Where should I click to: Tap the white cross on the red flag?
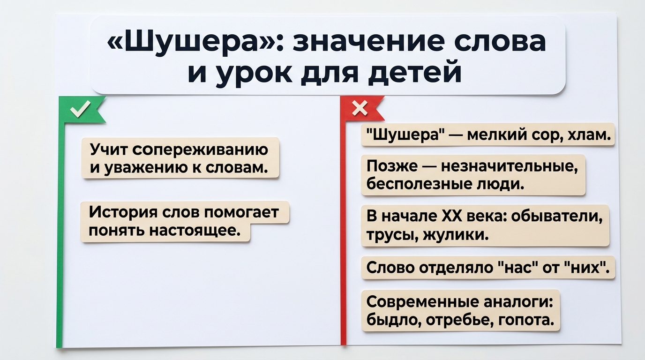click(x=360, y=109)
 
